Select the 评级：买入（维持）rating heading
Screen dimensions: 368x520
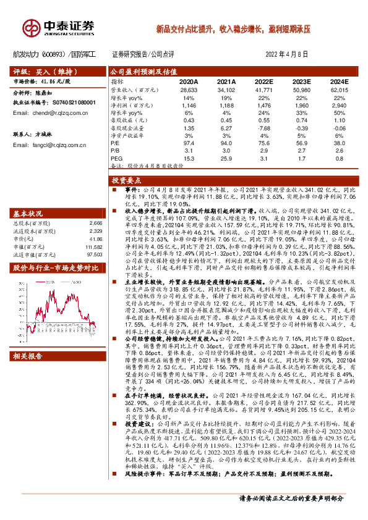pyautogui.click(x=37, y=71)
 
